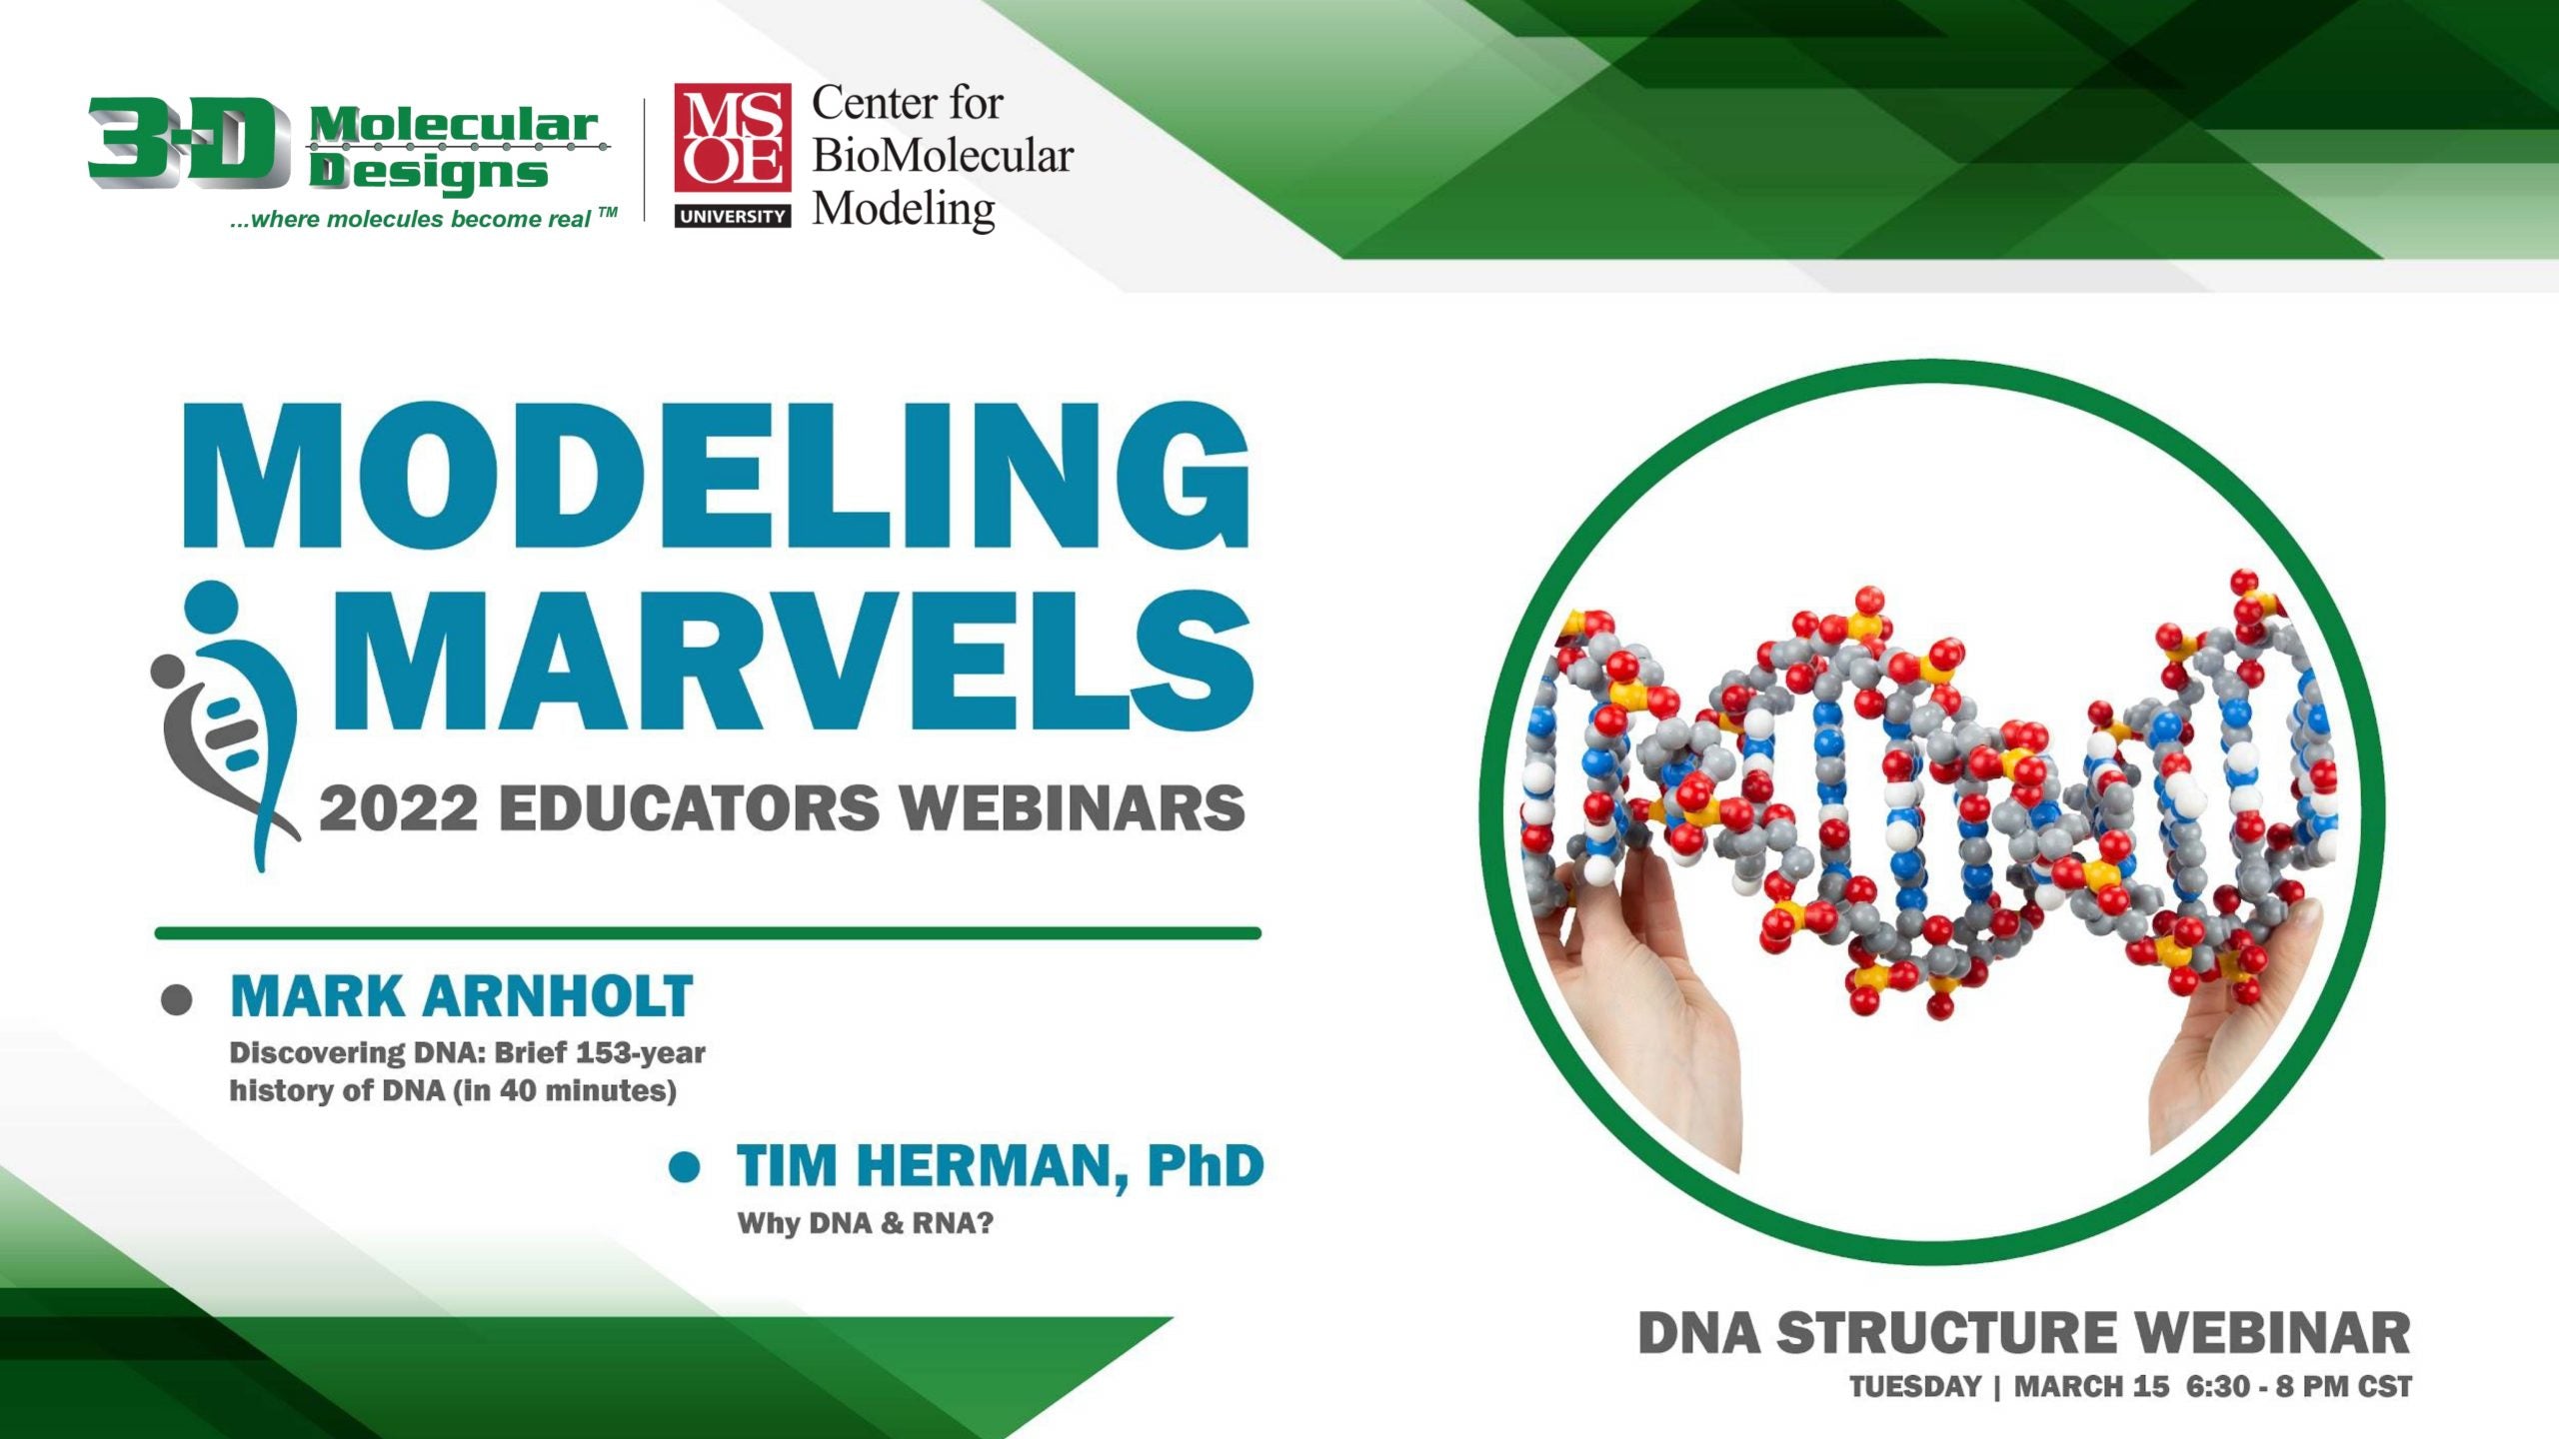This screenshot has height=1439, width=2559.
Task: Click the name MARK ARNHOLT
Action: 461,996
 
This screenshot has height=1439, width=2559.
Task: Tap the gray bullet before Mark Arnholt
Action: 176,999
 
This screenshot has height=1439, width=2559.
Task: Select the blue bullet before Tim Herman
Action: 684,1167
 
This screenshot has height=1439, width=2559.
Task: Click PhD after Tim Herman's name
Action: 1205,1166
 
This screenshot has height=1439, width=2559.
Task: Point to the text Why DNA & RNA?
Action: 865,1223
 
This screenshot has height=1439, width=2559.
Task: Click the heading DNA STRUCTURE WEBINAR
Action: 2023,1334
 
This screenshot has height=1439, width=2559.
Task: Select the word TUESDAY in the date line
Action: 1914,1387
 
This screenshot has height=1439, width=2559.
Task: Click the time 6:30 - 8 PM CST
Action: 2298,1387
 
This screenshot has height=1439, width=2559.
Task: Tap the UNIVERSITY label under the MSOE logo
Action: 732,216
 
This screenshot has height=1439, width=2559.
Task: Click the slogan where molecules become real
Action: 420,219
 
